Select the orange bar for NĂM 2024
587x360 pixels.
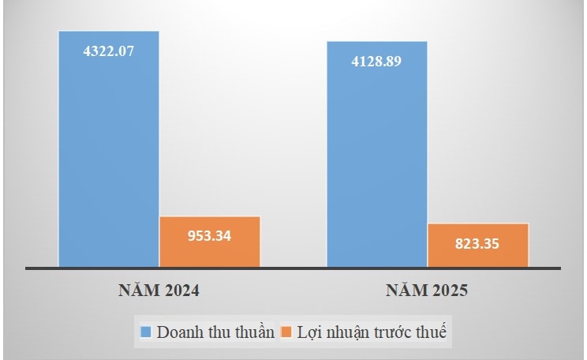[x=210, y=242]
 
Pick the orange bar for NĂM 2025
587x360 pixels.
[x=478, y=246]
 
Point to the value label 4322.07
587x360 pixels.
[x=109, y=51]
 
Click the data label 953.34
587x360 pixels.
[x=210, y=235]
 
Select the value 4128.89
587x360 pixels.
[x=377, y=62]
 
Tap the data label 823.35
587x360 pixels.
[x=478, y=243]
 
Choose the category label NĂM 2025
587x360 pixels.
[x=427, y=291]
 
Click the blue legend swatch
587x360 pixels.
[x=146, y=332]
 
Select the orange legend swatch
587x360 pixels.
[x=286, y=332]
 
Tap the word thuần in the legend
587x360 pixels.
[x=252, y=332]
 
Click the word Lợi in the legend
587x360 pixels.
[x=309, y=332]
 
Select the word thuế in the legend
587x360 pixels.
[x=432, y=332]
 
